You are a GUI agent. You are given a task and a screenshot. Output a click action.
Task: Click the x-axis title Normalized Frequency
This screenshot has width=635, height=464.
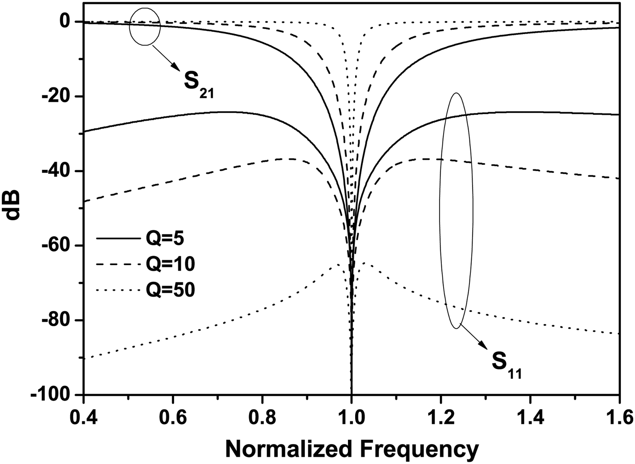pos(352,449)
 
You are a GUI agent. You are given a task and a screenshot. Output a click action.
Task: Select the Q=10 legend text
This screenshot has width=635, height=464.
pos(170,264)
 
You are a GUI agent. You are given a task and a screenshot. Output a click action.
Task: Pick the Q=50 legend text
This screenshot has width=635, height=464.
pos(170,289)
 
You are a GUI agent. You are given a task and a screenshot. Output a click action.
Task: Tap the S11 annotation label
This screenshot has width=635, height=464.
pos(506,364)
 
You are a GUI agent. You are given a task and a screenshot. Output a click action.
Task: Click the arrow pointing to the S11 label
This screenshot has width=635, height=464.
pos(474,337)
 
